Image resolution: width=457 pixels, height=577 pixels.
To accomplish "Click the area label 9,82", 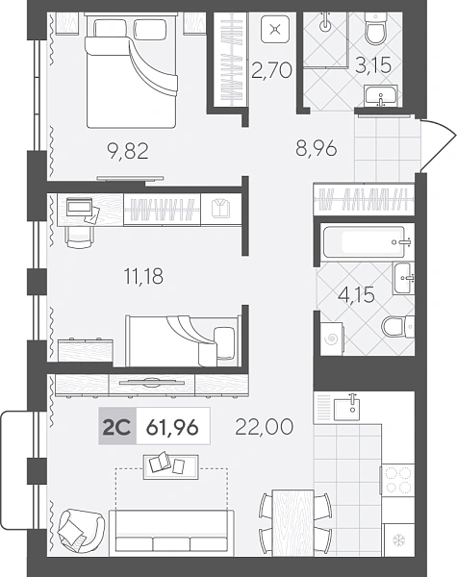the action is coord(127,151).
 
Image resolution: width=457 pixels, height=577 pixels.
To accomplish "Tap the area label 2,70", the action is coord(271,70).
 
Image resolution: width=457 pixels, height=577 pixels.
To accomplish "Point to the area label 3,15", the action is coord(373,65).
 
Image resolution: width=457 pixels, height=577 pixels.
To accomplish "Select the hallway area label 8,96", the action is coord(317,148).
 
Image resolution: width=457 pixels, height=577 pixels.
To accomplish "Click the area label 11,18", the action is coord(143,276).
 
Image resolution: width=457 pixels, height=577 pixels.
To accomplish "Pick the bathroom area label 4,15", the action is coord(357,295).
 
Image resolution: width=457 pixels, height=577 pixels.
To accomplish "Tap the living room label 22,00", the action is coord(264,426).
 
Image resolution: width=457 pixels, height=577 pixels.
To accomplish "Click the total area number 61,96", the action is coord(172,427).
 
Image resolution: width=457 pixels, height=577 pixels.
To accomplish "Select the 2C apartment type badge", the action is coord(117,426).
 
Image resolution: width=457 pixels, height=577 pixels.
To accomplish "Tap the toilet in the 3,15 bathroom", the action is coord(375,29).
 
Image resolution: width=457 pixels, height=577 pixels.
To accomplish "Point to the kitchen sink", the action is coord(347,409).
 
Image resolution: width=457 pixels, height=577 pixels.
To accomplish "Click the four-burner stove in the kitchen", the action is coord(398,480).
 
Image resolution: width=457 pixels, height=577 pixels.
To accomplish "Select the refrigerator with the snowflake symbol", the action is coord(399,539).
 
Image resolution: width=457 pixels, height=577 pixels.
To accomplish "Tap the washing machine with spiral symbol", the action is coord(332,339).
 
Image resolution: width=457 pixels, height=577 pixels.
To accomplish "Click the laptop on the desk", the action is coord(80,207).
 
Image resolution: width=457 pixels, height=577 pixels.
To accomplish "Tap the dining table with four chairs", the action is coord(292,522).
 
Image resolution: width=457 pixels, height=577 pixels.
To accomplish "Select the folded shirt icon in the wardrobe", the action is coord(221,209).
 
